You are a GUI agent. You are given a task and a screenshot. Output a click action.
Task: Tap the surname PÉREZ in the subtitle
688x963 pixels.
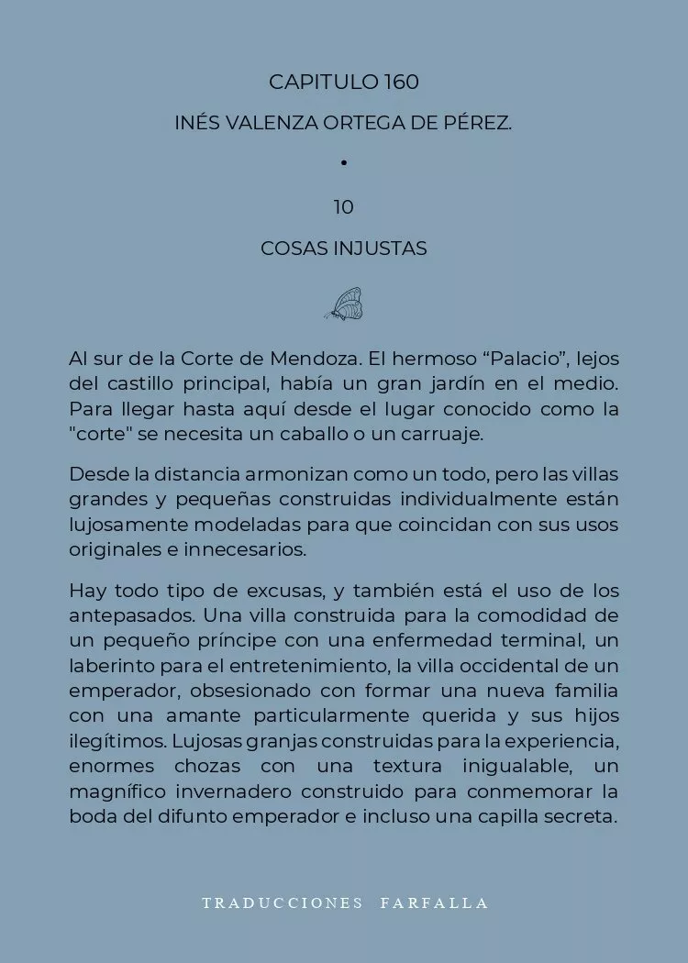pyautogui.click(x=478, y=123)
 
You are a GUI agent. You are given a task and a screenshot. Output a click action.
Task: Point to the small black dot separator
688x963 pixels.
pyautogui.click(x=344, y=163)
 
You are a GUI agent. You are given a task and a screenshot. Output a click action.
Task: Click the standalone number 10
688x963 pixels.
pyautogui.click(x=344, y=207)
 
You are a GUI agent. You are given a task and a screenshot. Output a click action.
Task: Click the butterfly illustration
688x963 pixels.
pyautogui.click(x=345, y=304)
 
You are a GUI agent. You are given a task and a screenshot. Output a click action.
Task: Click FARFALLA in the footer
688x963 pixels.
pyautogui.click(x=435, y=902)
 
